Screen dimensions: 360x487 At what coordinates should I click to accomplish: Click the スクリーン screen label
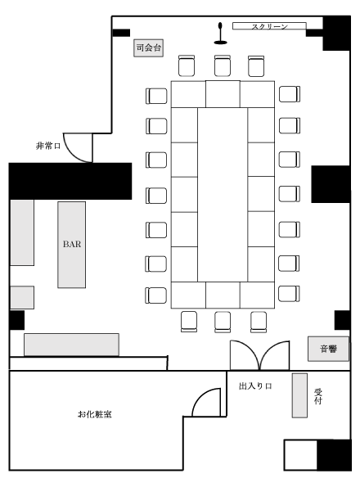269,27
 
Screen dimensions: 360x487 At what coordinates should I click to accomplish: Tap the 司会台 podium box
148,47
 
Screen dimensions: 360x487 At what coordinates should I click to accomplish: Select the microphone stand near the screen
220,34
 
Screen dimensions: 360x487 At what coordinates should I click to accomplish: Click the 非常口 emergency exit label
47,146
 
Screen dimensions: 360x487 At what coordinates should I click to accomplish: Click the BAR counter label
72,244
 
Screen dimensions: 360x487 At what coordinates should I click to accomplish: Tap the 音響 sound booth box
328,349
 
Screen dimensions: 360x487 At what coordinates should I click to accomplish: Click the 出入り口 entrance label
255,386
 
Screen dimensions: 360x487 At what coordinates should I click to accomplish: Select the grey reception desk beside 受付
299,395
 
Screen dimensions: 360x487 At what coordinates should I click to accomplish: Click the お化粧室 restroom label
95,414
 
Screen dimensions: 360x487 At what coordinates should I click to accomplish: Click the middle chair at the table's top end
223,65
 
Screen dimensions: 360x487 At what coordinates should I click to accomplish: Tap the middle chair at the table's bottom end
223,322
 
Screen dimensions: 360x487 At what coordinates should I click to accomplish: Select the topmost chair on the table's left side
156,96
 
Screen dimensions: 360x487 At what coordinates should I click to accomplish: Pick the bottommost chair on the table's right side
289,294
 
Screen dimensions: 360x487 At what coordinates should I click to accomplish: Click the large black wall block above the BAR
70,181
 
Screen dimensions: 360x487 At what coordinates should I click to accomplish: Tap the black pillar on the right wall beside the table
331,184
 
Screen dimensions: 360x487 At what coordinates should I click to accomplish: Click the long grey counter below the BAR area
71,345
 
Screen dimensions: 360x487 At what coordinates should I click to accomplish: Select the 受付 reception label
317,396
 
